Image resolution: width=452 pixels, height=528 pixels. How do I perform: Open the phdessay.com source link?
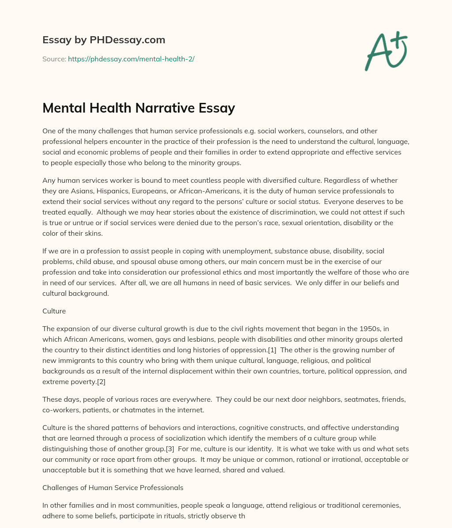131,59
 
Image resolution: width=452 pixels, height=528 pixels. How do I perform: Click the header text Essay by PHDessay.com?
104,40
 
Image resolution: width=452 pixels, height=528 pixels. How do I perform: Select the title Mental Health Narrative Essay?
139,108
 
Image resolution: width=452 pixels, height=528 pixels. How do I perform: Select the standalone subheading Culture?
54,311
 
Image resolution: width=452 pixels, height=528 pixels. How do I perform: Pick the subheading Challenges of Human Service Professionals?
113,487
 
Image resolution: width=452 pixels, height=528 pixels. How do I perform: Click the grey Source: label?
54,59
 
